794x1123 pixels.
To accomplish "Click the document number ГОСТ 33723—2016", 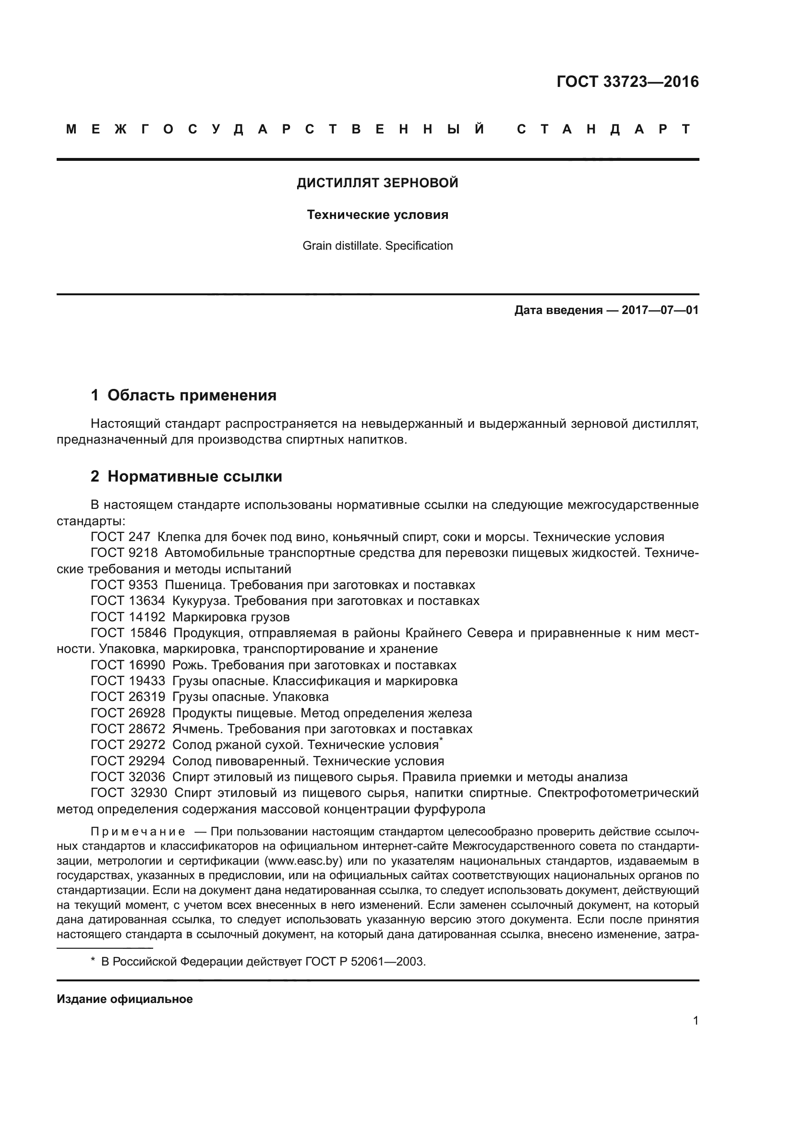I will tap(627, 82).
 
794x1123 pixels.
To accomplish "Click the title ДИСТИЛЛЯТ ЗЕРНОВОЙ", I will tap(377, 183).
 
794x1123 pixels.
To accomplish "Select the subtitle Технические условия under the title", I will tap(377, 215).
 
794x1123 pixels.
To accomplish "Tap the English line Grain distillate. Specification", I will tap(377, 245).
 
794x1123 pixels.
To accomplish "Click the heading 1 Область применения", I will tap(184, 395).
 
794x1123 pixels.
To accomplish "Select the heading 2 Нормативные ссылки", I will tap(186, 476).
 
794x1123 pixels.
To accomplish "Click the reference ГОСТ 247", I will tap(120, 537).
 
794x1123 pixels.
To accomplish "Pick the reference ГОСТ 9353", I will tap(124, 585).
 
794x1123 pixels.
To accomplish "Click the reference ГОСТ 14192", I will tap(128, 617).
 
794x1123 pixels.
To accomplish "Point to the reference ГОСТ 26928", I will tap(128, 713).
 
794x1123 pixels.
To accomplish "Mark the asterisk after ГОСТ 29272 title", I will tap(441, 741).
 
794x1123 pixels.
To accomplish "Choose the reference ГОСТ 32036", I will tap(128, 777).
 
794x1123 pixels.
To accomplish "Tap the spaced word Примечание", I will tap(138, 832).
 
